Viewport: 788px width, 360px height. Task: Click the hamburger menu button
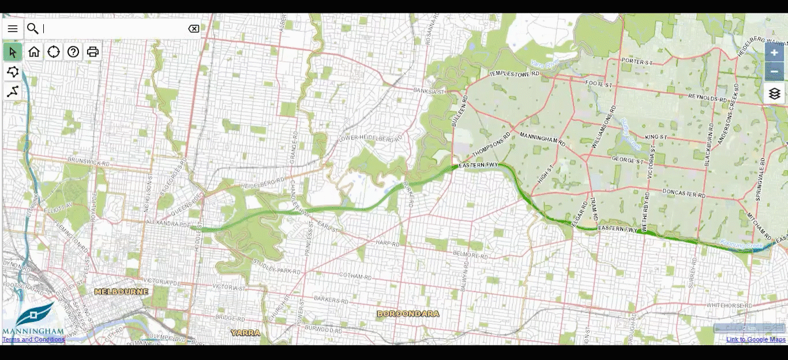click(x=13, y=29)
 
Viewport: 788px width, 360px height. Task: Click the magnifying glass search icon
click(x=33, y=29)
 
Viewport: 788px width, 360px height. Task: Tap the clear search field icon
click(x=194, y=29)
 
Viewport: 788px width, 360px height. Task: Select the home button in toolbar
click(x=34, y=52)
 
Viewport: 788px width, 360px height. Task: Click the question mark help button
click(x=73, y=52)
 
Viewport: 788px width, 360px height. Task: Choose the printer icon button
click(x=93, y=52)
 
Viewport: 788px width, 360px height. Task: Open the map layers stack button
click(x=774, y=93)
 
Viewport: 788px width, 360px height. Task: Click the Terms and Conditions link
click(x=33, y=339)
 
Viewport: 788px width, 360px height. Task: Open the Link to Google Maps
click(x=756, y=339)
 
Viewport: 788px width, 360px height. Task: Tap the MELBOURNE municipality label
click(x=121, y=292)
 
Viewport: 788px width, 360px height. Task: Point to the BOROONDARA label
click(x=408, y=314)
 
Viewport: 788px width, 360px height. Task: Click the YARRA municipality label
click(x=245, y=333)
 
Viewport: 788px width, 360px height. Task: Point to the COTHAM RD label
click(x=355, y=276)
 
